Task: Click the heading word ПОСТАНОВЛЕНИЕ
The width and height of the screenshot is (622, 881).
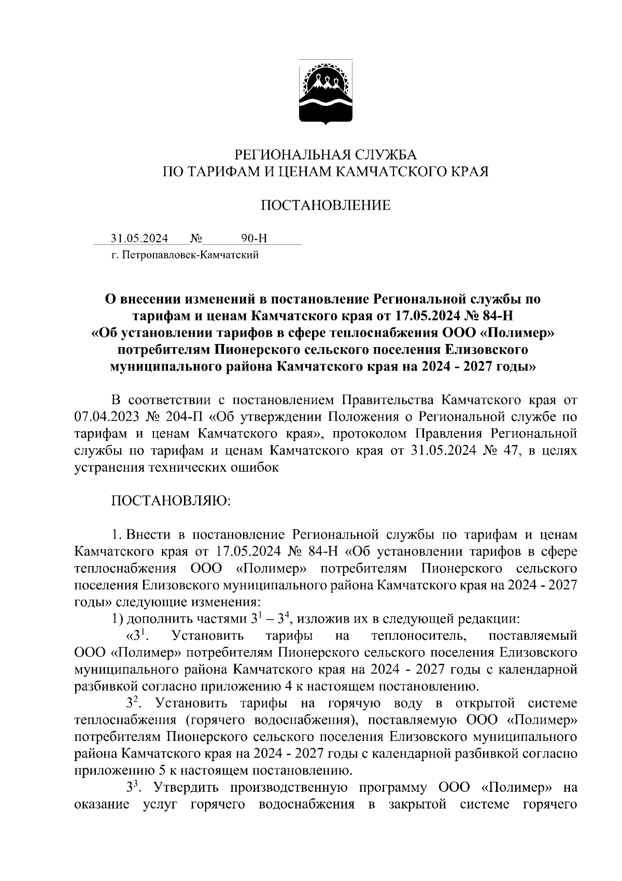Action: point(326,206)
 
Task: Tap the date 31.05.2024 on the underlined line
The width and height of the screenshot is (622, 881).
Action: point(139,239)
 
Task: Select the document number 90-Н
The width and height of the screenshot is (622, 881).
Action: point(254,239)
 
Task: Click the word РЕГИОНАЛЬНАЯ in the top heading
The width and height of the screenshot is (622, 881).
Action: point(280,155)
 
